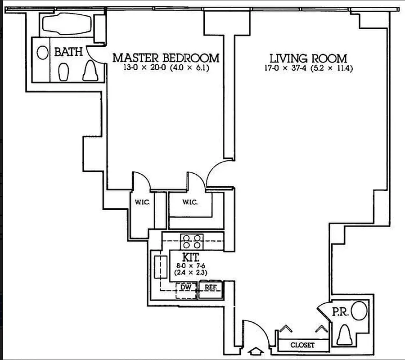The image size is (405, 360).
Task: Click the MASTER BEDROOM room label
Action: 166,58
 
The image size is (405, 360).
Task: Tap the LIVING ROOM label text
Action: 308,58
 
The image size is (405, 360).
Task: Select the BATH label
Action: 68,52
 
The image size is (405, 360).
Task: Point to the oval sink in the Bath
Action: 43,53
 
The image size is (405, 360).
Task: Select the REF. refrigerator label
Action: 211,287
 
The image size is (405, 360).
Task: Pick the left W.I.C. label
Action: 142,202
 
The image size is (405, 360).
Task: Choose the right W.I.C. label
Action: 191,202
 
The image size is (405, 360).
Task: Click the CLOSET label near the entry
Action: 302,345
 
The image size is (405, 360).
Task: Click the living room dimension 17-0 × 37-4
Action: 308,69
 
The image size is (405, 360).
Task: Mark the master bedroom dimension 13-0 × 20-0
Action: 166,68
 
